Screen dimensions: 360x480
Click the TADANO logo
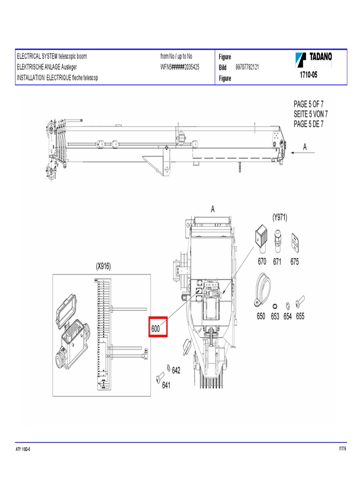tap(314, 59)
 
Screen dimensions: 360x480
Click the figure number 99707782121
tap(247, 67)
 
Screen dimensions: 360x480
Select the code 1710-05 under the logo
tap(308, 75)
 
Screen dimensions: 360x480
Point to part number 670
tap(262, 262)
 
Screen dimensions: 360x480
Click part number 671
tap(277, 262)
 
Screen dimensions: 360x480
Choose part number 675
tap(294, 262)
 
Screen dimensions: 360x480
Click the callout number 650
tap(261, 316)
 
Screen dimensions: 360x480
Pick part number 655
tap(300, 316)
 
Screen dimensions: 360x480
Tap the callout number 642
tap(176, 370)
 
